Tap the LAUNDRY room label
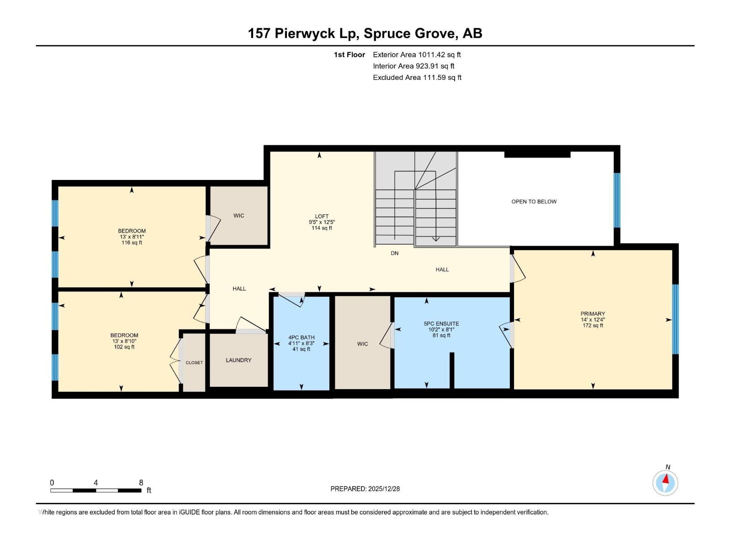click(x=238, y=360)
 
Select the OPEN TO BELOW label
click(x=534, y=201)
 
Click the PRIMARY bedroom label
click(x=593, y=314)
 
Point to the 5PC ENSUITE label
click(x=441, y=324)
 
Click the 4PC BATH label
click(x=302, y=337)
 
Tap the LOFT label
click(x=322, y=216)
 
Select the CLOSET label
click(x=194, y=363)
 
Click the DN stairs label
click(x=394, y=253)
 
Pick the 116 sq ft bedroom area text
click(x=132, y=243)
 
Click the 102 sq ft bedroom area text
click(x=124, y=347)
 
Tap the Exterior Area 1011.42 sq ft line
click(x=417, y=55)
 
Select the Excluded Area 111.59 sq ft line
click(x=417, y=78)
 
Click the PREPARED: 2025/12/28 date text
click(x=365, y=489)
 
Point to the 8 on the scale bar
click(x=141, y=483)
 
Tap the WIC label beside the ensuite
click(x=362, y=344)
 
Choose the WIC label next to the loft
click(x=238, y=216)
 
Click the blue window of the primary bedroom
click(x=675, y=319)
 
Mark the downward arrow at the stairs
click(x=435, y=237)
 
